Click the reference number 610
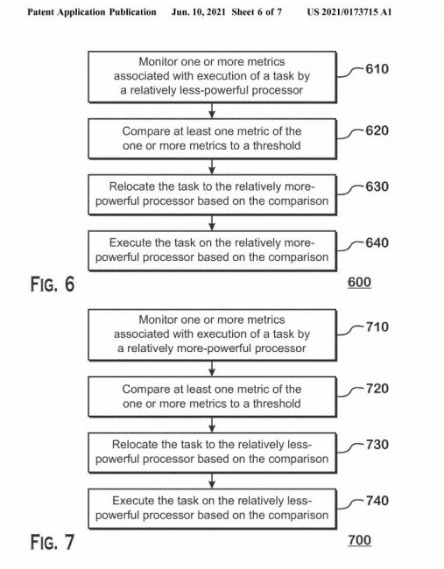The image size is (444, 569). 377,69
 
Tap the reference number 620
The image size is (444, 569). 377,130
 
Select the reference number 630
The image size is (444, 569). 377,186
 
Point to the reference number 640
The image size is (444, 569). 377,242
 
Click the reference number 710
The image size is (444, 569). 377,327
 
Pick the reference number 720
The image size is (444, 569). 377,389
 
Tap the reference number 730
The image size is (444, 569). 377,445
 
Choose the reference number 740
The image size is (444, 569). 377,501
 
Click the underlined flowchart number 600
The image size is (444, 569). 359,283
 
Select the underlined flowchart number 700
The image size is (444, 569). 359,540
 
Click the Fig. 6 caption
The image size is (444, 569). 53,284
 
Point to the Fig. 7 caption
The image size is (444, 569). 53,542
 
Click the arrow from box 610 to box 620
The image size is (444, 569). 212,110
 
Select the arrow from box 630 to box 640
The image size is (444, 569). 212,222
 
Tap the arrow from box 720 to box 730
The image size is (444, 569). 212,425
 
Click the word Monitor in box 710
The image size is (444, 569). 159,320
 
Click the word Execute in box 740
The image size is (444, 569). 131,501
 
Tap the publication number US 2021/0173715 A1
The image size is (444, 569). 349,12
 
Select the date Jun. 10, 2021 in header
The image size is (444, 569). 200,12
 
